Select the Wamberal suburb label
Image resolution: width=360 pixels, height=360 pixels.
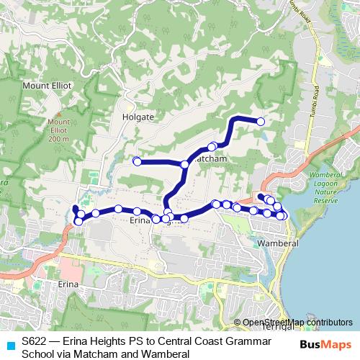276,244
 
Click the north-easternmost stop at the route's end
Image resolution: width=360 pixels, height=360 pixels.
261,122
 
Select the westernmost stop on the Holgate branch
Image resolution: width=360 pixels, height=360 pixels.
136,161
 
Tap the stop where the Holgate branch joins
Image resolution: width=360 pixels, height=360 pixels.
184,165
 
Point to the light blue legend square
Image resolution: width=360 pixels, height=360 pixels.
9,345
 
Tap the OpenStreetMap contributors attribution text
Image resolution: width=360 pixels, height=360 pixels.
297,322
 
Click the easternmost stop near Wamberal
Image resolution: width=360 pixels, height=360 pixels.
283,216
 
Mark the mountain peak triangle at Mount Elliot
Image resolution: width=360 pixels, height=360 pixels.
59,113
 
